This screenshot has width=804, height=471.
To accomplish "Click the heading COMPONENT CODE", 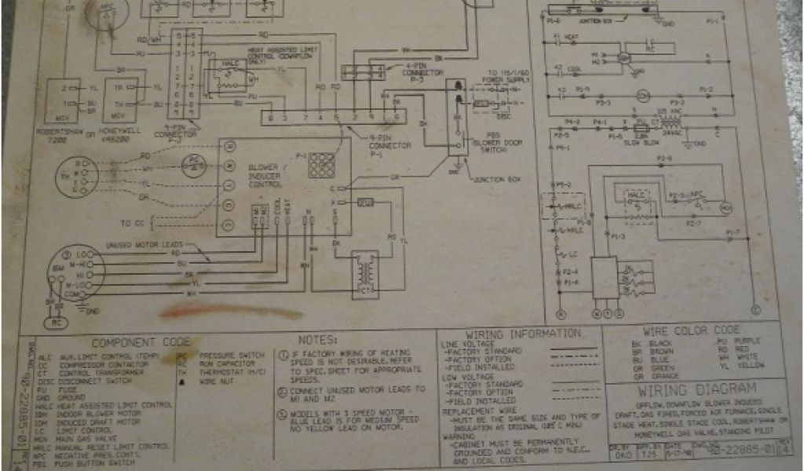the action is point(141,343).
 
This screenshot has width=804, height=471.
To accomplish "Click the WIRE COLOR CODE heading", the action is point(691,330).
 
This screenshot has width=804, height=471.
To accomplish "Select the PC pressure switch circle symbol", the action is point(192,163).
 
